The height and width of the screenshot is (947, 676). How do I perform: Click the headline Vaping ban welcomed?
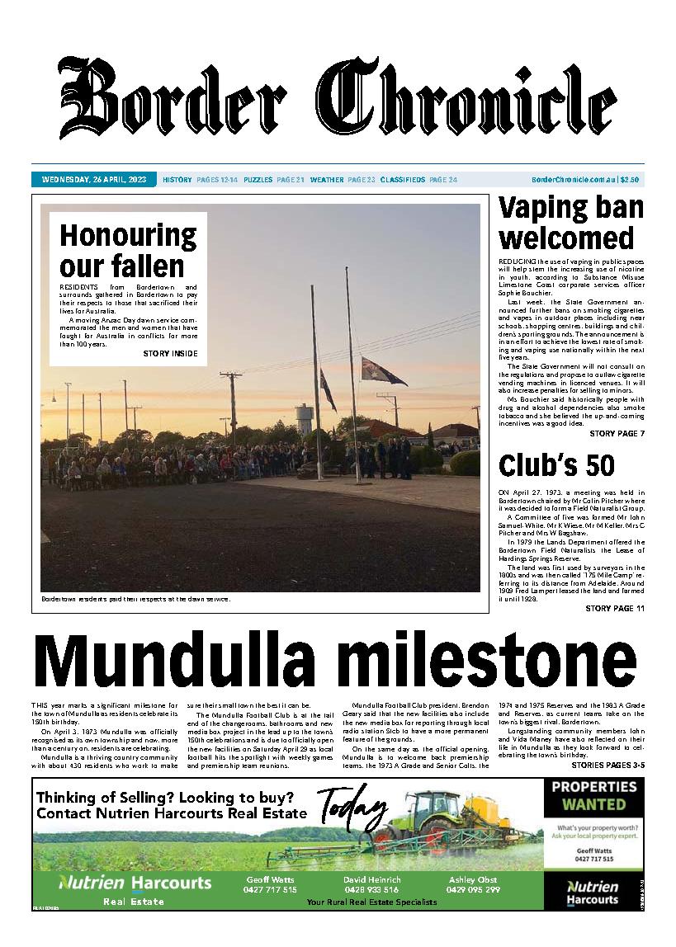point(570,223)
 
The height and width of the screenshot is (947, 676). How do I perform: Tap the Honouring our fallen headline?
point(128,251)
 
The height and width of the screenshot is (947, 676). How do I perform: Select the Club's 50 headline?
point(556,465)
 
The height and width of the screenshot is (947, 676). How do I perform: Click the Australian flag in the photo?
point(382,371)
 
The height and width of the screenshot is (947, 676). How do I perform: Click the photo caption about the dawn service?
point(135,599)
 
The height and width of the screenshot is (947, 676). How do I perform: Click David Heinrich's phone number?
point(371,890)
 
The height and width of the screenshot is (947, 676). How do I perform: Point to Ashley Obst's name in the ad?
point(473,879)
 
